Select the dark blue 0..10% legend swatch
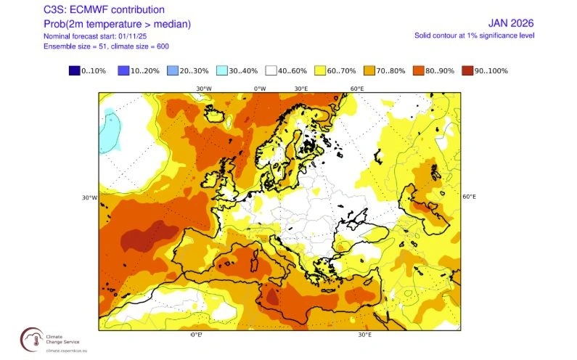(x=74, y=70)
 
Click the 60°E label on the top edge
(x=357, y=89)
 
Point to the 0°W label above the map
(x=260, y=89)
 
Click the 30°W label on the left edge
(x=90, y=197)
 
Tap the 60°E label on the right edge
(x=469, y=197)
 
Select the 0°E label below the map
(x=196, y=335)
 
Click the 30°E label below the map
(x=365, y=335)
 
